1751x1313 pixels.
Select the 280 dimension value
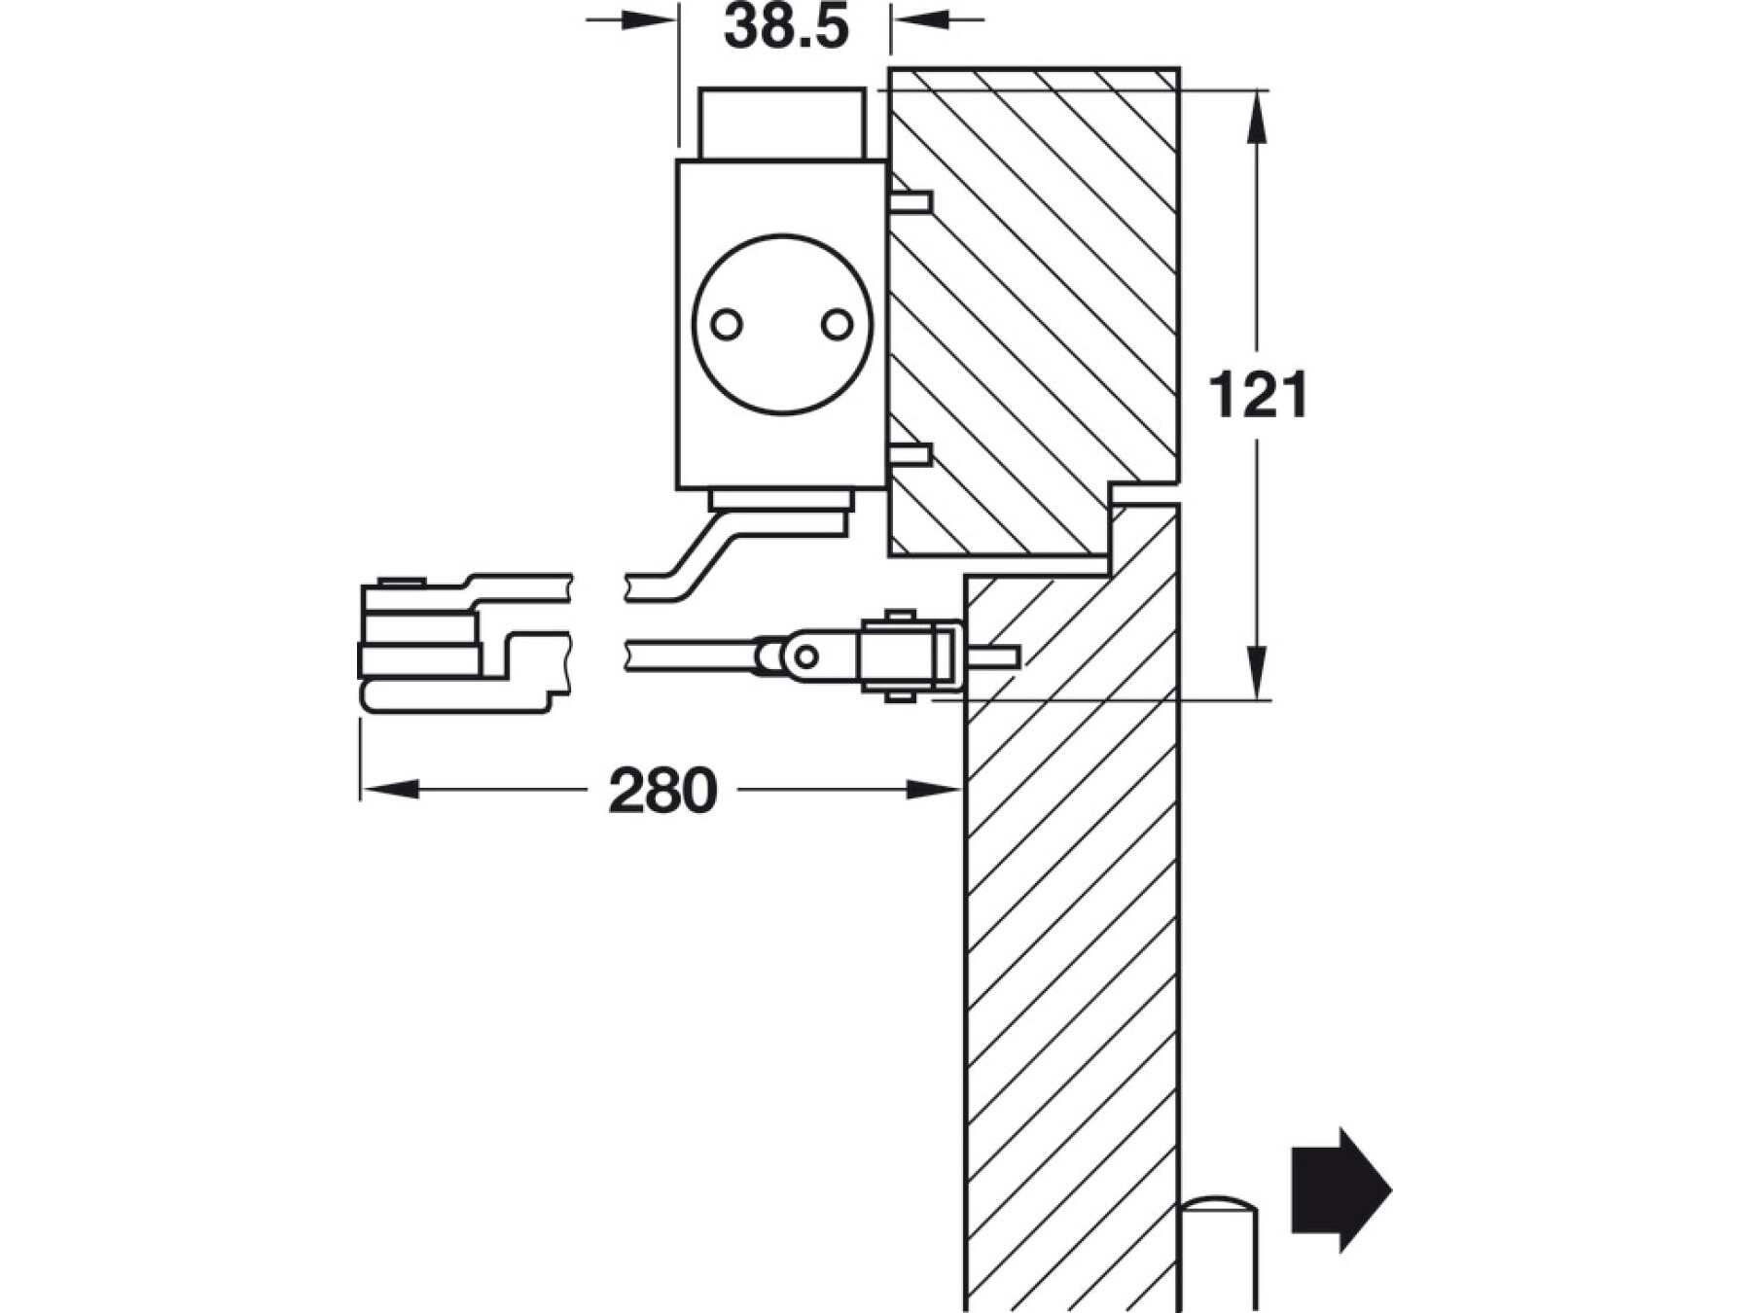[x=662, y=791]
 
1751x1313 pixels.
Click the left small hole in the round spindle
[x=727, y=324]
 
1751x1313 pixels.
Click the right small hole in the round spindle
[x=837, y=324]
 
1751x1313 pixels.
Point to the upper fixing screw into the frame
[x=911, y=202]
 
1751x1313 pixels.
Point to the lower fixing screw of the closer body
[x=911, y=454]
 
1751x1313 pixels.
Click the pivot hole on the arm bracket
[x=805, y=656]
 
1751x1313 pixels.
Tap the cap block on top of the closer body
[x=781, y=123]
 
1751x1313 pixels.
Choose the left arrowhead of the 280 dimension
[x=389, y=789]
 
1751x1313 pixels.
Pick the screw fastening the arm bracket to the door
[x=992, y=656]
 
